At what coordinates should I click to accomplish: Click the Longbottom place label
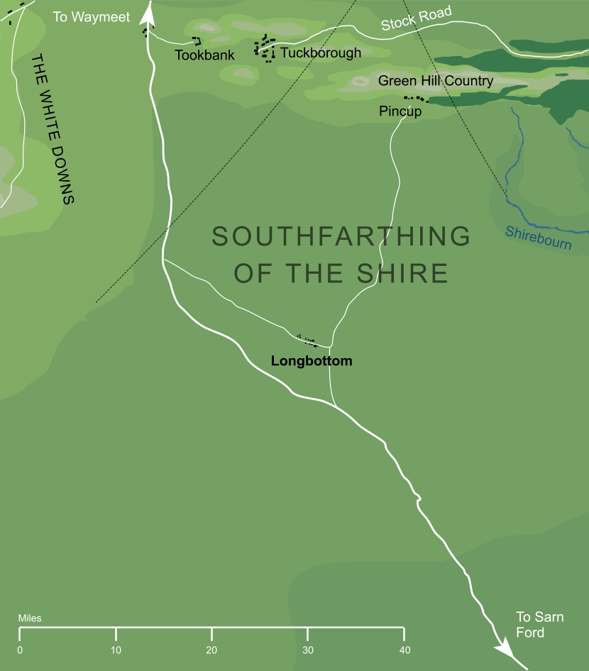click(312, 361)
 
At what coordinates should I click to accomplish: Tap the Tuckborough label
click(320, 53)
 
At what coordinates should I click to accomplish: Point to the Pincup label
click(400, 111)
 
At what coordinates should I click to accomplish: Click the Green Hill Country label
click(435, 81)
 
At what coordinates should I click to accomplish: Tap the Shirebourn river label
click(538, 238)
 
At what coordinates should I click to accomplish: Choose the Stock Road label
click(416, 19)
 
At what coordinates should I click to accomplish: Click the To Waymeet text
click(92, 16)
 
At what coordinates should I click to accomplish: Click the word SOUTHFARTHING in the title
click(341, 236)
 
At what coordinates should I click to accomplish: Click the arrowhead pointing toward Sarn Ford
click(505, 648)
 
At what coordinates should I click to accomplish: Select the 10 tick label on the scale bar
click(116, 650)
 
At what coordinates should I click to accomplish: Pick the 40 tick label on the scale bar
click(404, 650)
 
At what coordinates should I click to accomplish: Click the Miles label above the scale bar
click(30, 619)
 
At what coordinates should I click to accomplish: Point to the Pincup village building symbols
click(417, 99)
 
